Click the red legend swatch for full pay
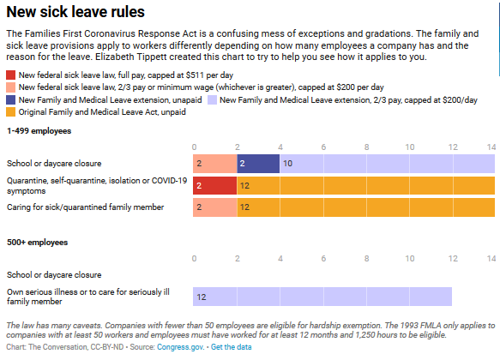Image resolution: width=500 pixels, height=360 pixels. [10, 75]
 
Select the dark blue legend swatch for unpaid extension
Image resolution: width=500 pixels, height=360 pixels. [10, 99]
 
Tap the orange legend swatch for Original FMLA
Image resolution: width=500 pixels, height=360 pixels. [10, 111]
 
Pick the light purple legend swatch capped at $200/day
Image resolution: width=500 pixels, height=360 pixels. [211, 99]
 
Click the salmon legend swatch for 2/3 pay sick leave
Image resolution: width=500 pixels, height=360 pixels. [10, 87]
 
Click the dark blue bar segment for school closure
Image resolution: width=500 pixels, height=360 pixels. [258, 163]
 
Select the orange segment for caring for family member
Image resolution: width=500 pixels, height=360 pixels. [366, 207]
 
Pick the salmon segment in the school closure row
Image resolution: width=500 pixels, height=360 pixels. [215, 163]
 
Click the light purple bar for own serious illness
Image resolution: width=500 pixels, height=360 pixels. [322, 297]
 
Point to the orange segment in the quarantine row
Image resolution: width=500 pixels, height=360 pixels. [366, 185]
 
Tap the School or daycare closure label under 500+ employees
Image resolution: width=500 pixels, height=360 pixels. [54, 274]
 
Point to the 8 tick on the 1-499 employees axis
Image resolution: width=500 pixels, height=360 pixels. [366, 147]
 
